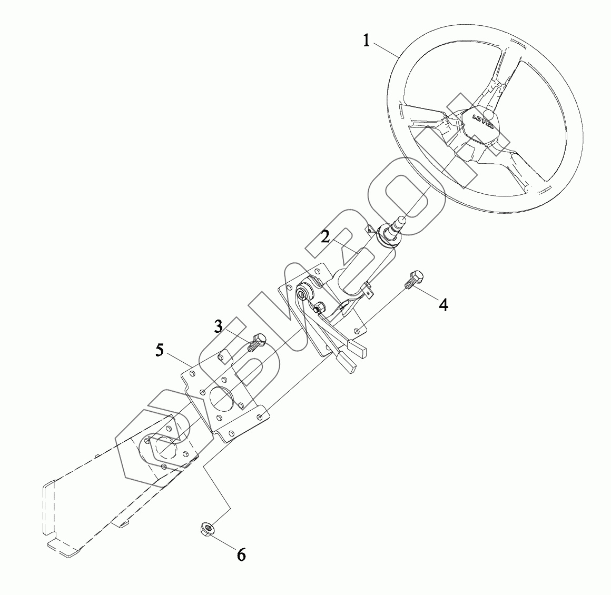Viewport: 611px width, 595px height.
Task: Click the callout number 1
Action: pyautogui.click(x=367, y=40)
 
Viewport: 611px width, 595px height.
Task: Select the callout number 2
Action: pyautogui.click(x=326, y=236)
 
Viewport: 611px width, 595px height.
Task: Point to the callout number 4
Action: pyautogui.click(x=444, y=304)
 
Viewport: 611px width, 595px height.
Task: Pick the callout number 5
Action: pyautogui.click(x=160, y=350)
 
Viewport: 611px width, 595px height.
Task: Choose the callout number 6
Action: pyautogui.click(x=241, y=554)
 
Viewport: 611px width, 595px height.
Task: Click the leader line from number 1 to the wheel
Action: pyautogui.click(x=387, y=48)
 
